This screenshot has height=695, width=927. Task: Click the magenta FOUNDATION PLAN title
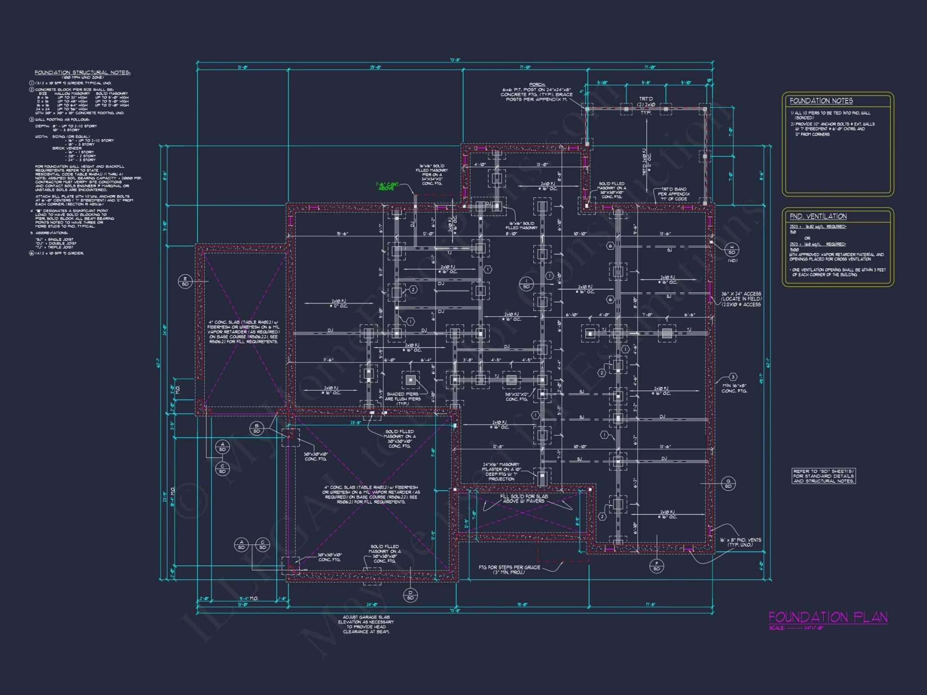828,617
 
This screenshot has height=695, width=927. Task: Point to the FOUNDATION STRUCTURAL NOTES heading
83,73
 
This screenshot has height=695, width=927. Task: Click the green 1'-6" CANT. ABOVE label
387,186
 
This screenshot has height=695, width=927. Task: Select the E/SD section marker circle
185,281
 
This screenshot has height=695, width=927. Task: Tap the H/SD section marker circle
732,250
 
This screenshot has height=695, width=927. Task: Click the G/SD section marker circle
728,483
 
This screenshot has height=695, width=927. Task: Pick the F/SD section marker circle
656,566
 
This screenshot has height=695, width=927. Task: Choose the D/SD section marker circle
410,595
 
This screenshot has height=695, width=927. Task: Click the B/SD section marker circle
256,428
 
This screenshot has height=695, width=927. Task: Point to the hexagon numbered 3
733,377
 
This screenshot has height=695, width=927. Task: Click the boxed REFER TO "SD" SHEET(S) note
823,476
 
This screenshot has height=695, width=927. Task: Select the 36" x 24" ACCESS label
741,299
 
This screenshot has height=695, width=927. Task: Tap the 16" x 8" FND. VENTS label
740,542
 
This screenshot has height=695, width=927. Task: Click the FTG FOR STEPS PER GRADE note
509,569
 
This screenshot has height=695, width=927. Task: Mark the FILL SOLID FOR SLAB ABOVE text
524,498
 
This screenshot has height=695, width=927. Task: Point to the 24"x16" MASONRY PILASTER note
501,471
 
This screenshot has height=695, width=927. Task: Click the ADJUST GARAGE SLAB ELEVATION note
366,624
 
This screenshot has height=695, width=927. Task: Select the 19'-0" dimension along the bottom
522,604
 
